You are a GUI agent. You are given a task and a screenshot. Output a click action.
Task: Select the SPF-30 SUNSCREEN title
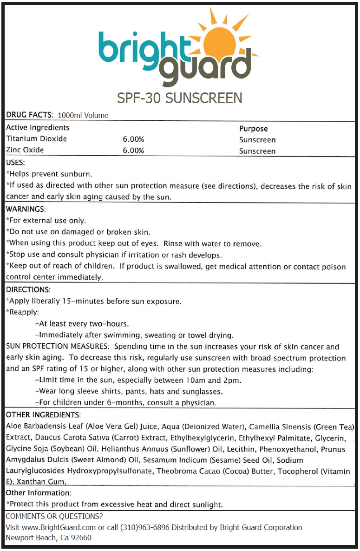[180, 98]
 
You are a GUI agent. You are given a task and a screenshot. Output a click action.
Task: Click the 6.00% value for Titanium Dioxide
[133, 139]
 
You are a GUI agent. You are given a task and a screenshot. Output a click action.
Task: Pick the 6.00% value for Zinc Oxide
[133, 151]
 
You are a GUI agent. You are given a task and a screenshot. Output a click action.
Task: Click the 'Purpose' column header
[253, 129]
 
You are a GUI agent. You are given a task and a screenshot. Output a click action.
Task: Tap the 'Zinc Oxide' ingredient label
[25, 150]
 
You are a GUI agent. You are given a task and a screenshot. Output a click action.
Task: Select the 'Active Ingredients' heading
[38, 127]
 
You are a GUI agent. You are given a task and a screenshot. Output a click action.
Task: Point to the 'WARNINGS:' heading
[26, 209]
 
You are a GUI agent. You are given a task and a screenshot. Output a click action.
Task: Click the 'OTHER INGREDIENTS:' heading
[43, 414]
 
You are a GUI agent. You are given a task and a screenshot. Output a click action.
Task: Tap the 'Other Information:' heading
[39, 492]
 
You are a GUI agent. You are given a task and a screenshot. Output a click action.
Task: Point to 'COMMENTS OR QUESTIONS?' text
[54, 516]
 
